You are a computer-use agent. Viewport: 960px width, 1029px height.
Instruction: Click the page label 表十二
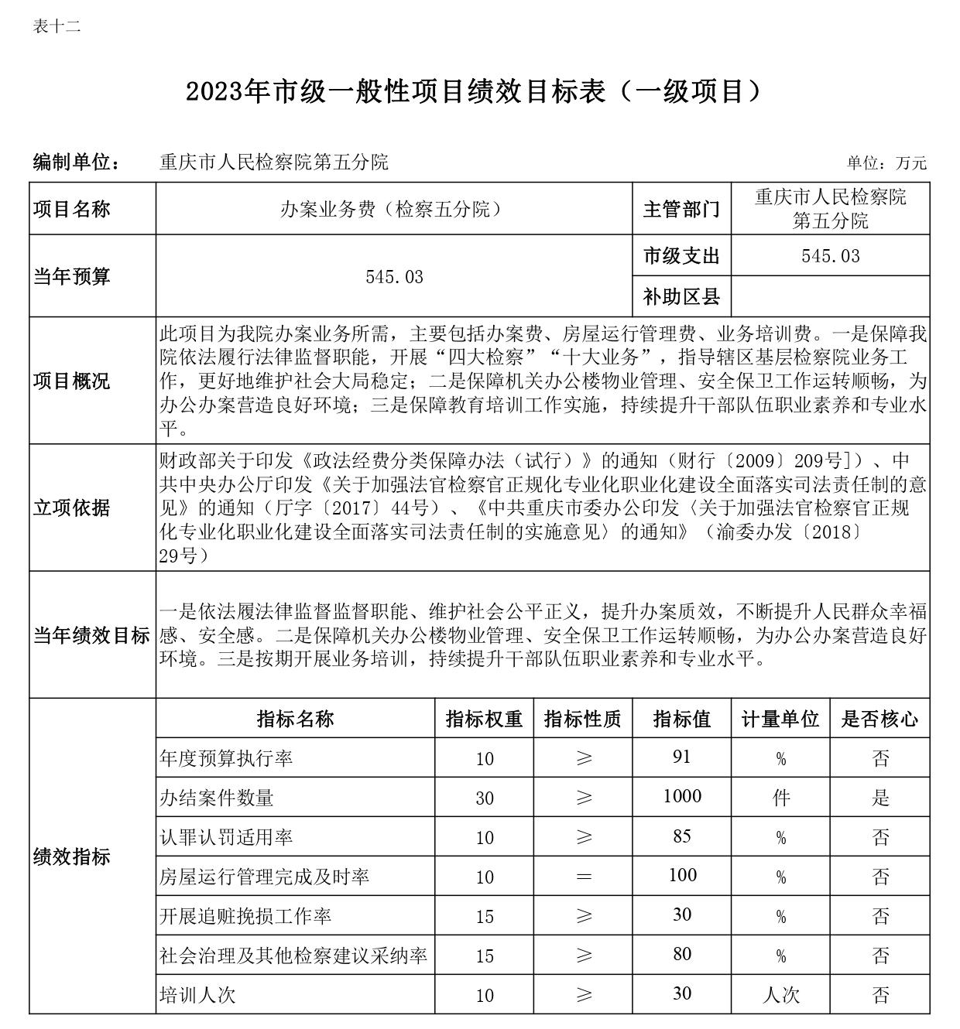[57, 26]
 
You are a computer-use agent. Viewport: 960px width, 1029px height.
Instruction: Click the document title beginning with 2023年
[473, 92]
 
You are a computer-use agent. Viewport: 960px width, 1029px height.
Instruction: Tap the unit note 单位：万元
[886, 163]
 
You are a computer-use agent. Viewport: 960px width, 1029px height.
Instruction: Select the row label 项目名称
[72, 209]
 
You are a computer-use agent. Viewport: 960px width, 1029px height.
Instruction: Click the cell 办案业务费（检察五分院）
[394, 209]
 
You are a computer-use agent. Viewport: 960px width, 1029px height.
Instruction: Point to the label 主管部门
[681, 209]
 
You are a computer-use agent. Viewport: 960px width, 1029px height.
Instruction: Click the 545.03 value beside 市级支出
[830, 256]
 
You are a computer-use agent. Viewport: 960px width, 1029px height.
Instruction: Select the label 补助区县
[681, 296]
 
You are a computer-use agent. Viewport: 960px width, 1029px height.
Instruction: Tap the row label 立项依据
[72, 508]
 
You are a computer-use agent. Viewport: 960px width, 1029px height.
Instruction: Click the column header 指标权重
[484, 719]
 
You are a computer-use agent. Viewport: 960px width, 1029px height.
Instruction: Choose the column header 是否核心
[879, 719]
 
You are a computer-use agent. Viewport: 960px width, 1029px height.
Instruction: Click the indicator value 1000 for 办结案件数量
[682, 797]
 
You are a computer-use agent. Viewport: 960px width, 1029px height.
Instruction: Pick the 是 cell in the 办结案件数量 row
[880, 798]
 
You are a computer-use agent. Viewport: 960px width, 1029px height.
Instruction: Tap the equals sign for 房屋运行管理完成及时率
[584, 877]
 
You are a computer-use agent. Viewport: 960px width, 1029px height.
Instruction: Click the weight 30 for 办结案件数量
[485, 798]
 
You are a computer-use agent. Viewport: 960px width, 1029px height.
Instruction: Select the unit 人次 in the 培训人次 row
[780, 994]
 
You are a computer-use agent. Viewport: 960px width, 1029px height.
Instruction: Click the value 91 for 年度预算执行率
[681, 757]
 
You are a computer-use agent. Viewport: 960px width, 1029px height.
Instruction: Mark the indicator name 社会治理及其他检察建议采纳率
[293, 955]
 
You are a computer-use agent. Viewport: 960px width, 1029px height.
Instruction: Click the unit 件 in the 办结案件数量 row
[781, 798]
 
